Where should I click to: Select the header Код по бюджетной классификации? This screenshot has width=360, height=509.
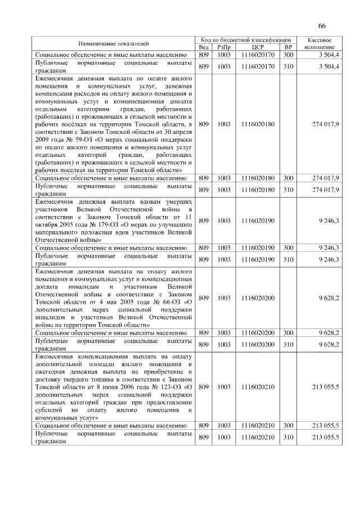click(247, 40)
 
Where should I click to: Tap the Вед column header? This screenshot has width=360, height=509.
click(204, 47)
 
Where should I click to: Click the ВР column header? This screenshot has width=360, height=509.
click(289, 47)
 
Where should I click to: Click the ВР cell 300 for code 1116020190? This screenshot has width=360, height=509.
click(289, 247)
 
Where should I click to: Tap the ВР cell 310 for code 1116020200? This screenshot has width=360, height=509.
click(289, 343)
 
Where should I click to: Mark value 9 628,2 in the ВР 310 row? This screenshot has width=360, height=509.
click(328, 343)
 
